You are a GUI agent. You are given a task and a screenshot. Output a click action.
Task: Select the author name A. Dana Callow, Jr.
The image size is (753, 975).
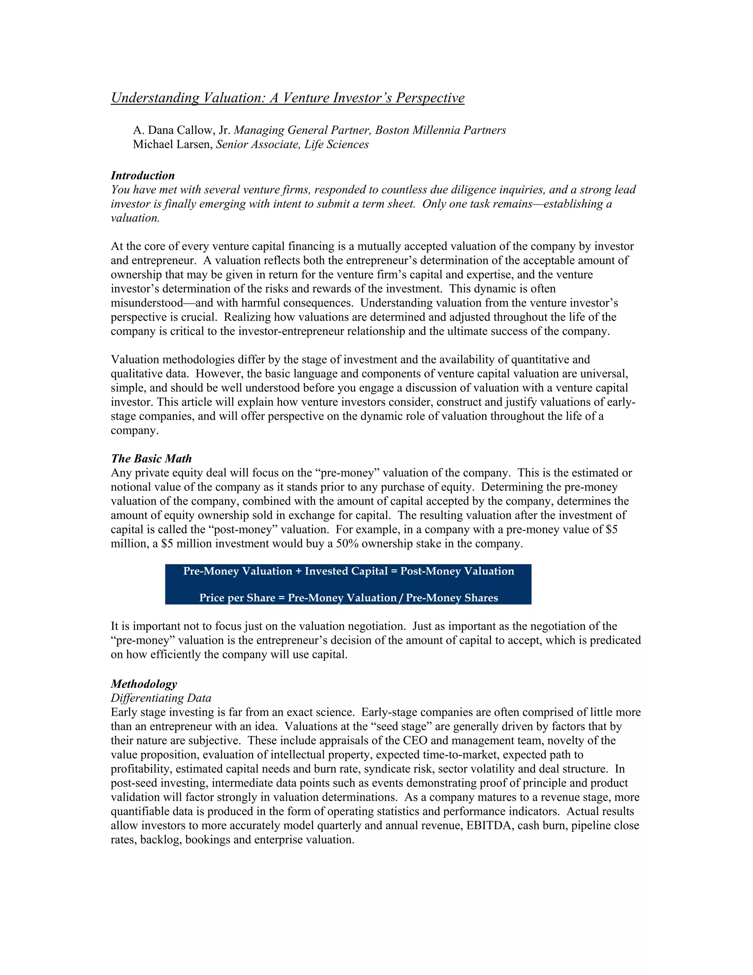[181, 130]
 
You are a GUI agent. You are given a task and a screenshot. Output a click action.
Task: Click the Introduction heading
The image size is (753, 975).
[143, 175]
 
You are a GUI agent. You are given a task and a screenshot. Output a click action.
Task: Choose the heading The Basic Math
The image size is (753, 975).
[151, 458]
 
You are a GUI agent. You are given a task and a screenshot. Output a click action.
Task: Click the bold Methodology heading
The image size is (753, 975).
[144, 684]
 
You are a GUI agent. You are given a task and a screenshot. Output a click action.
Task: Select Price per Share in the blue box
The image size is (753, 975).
[237, 598]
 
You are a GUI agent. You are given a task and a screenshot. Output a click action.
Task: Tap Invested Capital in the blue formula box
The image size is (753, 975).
[346, 571]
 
